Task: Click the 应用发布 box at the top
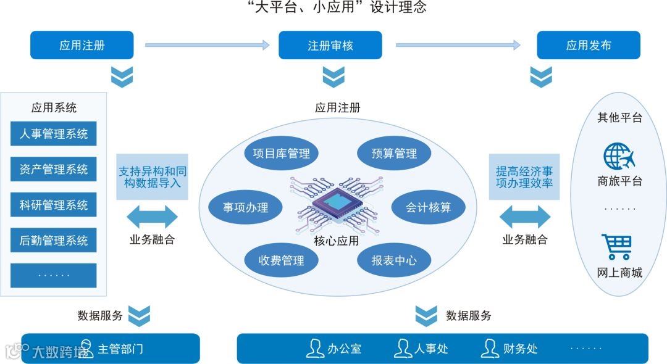(x=588, y=45)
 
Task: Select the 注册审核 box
(x=330, y=45)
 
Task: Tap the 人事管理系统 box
(x=54, y=134)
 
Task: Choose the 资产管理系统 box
(x=54, y=170)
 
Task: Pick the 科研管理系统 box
(x=54, y=205)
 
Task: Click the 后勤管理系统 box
(x=54, y=241)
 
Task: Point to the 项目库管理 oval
(x=281, y=154)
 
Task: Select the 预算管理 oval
(x=394, y=154)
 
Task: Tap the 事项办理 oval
(x=245, y=207)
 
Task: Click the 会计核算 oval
(x=428, y=207)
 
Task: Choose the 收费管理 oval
(x=281, y=260)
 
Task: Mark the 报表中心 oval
(x=394, y=260)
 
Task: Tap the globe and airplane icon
(x=619, y=157)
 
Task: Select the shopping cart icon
(x=618, y=247)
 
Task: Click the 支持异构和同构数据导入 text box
(x=152, y=177)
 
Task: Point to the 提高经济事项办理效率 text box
(x=524, y=177)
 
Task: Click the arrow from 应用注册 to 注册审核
(x=208, y=45)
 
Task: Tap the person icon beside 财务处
(x=490, y=349)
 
